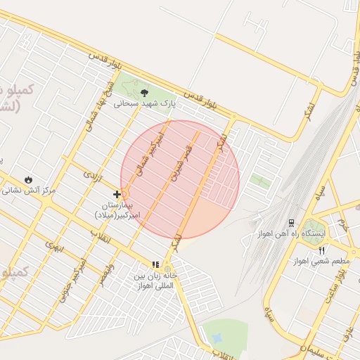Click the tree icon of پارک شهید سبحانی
coord(144,92)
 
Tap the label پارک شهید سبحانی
coord(144,103)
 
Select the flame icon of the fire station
coord(28,179)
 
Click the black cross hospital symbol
coord(117,193)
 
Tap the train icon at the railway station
coord(291,222)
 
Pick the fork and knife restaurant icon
coord(321,250)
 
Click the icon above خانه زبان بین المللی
coord(155,265)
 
